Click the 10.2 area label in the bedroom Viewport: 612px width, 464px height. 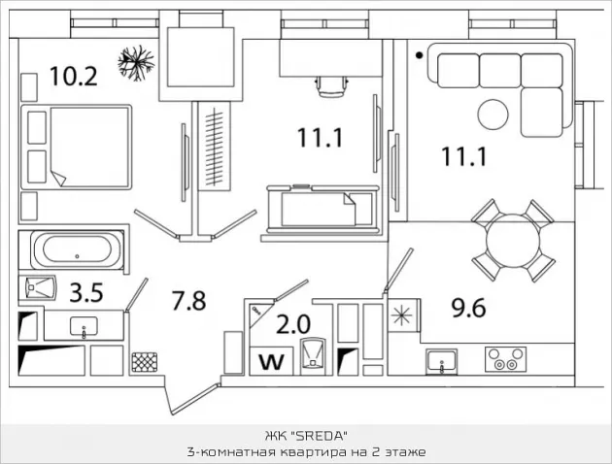[74, 76]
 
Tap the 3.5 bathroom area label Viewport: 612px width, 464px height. [86, 293]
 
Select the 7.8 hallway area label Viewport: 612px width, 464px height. [188, 300]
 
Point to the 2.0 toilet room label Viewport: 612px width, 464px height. [293, 324]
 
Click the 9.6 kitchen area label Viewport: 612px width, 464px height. [468, 308]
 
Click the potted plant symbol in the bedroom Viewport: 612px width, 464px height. [136, 63]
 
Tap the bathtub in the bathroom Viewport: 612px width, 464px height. [77, 249]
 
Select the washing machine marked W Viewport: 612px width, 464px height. [272, 361]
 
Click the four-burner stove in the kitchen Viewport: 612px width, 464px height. [505, 359]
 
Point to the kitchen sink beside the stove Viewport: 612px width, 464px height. [441, 361]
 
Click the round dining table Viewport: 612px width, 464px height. [513, 240]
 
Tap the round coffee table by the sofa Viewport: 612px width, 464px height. [493, 115]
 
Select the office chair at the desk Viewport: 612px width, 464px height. [332, 86]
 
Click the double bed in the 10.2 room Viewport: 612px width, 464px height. [77, 147]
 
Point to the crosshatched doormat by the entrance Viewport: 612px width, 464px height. [145, 362]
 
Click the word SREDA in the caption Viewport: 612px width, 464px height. [320, 436]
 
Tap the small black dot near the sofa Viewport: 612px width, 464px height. [420, 55]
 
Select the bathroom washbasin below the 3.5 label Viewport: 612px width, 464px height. [84, 327]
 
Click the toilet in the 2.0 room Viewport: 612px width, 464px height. [313, 352]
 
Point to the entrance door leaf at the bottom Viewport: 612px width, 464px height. [195, 399]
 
